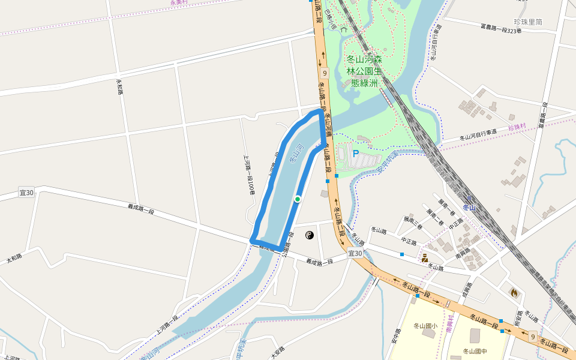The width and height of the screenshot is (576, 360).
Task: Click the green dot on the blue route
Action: coord(297,199)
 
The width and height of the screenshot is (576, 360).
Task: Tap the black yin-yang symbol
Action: coord(310,235)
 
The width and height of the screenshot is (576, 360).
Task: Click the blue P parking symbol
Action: coord(355,154)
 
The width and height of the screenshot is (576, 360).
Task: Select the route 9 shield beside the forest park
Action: coord(325,73)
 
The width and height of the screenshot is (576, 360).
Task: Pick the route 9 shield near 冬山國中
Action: coord(532,337)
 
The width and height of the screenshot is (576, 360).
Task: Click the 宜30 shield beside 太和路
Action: coord(26,193)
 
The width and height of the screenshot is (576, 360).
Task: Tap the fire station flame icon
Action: coord(514,293)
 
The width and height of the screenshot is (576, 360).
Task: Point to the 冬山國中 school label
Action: coord(475,351)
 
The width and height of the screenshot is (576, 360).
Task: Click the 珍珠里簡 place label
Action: coord(528,22)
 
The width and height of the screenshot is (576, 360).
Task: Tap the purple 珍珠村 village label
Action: coord(516,127)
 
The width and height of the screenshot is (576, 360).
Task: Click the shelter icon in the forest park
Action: coord(343,28)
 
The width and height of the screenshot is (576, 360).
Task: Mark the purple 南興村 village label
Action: coord(449,325)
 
